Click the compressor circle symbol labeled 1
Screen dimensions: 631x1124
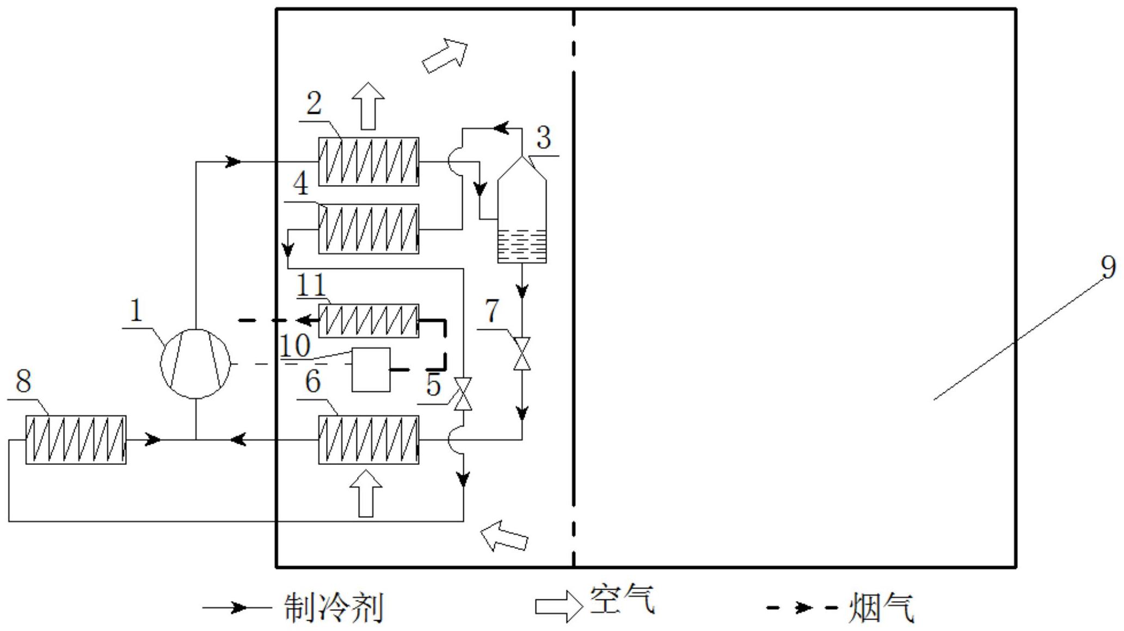pyautogui.click(x=195, y=363)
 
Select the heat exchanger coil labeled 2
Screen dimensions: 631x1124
pyautogui.click(x=368, y=162)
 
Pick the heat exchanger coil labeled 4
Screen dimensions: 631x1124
pyautogui.click(x=368, y=229)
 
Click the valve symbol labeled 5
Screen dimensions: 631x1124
pyautogui.click(x=463, y=394)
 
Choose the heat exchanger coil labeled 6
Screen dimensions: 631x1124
pyautogui.click(x=368, y=440)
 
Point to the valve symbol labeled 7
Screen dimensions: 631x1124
pyautogui.click(x=522, y=353)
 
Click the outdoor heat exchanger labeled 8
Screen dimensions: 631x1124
pyautogui.click(x=76, y=440)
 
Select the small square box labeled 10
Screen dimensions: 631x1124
pyautogui.click(x=371, y=370)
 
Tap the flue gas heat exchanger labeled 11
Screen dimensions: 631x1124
pyautogui.click(x=368, y=321)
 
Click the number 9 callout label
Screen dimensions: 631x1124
pyautogui.click(x=1108, y=267)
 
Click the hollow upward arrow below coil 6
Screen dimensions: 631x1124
pyautogui.click(x=366, y=493)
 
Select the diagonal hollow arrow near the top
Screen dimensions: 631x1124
pyautogui.click(x=445, y=56)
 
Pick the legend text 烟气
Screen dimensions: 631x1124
pyautogui.click(x=881, y=608)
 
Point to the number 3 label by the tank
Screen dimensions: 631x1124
pyautogui.click(x=543, y=138)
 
